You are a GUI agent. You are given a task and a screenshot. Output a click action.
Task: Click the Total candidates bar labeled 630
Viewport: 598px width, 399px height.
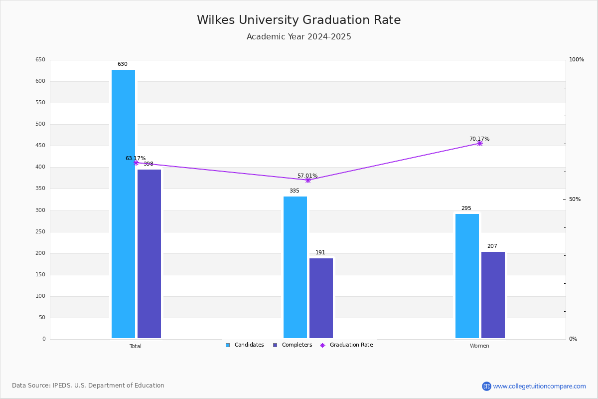click(x=123, y=204)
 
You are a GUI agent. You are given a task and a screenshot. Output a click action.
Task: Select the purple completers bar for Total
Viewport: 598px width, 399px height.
click(x=149, y=254)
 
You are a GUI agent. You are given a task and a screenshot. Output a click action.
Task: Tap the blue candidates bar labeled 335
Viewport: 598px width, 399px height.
click(x=295, y=267)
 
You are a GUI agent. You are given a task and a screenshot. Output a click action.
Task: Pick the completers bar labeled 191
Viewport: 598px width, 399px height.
click(x=321, y=298)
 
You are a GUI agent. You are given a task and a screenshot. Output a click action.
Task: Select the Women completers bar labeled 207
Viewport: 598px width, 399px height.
click(x=493, y=295)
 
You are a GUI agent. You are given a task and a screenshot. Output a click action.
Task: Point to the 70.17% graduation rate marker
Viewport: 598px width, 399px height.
click(x=479, y=143)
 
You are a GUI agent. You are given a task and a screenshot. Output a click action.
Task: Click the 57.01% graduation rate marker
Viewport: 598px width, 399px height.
click(x=307, y=180)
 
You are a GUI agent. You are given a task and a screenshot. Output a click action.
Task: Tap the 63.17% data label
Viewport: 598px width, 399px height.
click(x=136, y=159)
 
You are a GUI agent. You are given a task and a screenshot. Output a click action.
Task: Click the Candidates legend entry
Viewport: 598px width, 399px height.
click(x=245, y=345)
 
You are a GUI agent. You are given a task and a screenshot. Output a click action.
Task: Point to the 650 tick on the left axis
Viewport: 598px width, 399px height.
click(x=40, y=60)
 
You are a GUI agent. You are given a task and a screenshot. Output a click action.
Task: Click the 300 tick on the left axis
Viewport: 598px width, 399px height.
click(x=40, y=210)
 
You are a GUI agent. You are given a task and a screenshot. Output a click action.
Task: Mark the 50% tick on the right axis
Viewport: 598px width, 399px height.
click(x=575, y=199)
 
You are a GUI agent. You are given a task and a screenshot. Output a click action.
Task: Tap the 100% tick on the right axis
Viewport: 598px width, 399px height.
click(x=576, y=60)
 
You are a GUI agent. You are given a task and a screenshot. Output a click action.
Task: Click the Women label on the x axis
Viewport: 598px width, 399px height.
click(x=479, y=346)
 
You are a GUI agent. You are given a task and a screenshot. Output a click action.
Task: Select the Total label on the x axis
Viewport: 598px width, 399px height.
click(x=136, y=346)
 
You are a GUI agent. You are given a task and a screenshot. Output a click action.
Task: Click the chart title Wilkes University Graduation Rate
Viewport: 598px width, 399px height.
click(x=299, y=20)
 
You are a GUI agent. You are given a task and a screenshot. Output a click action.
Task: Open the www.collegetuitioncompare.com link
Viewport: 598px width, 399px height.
click(x=539, y=386)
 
